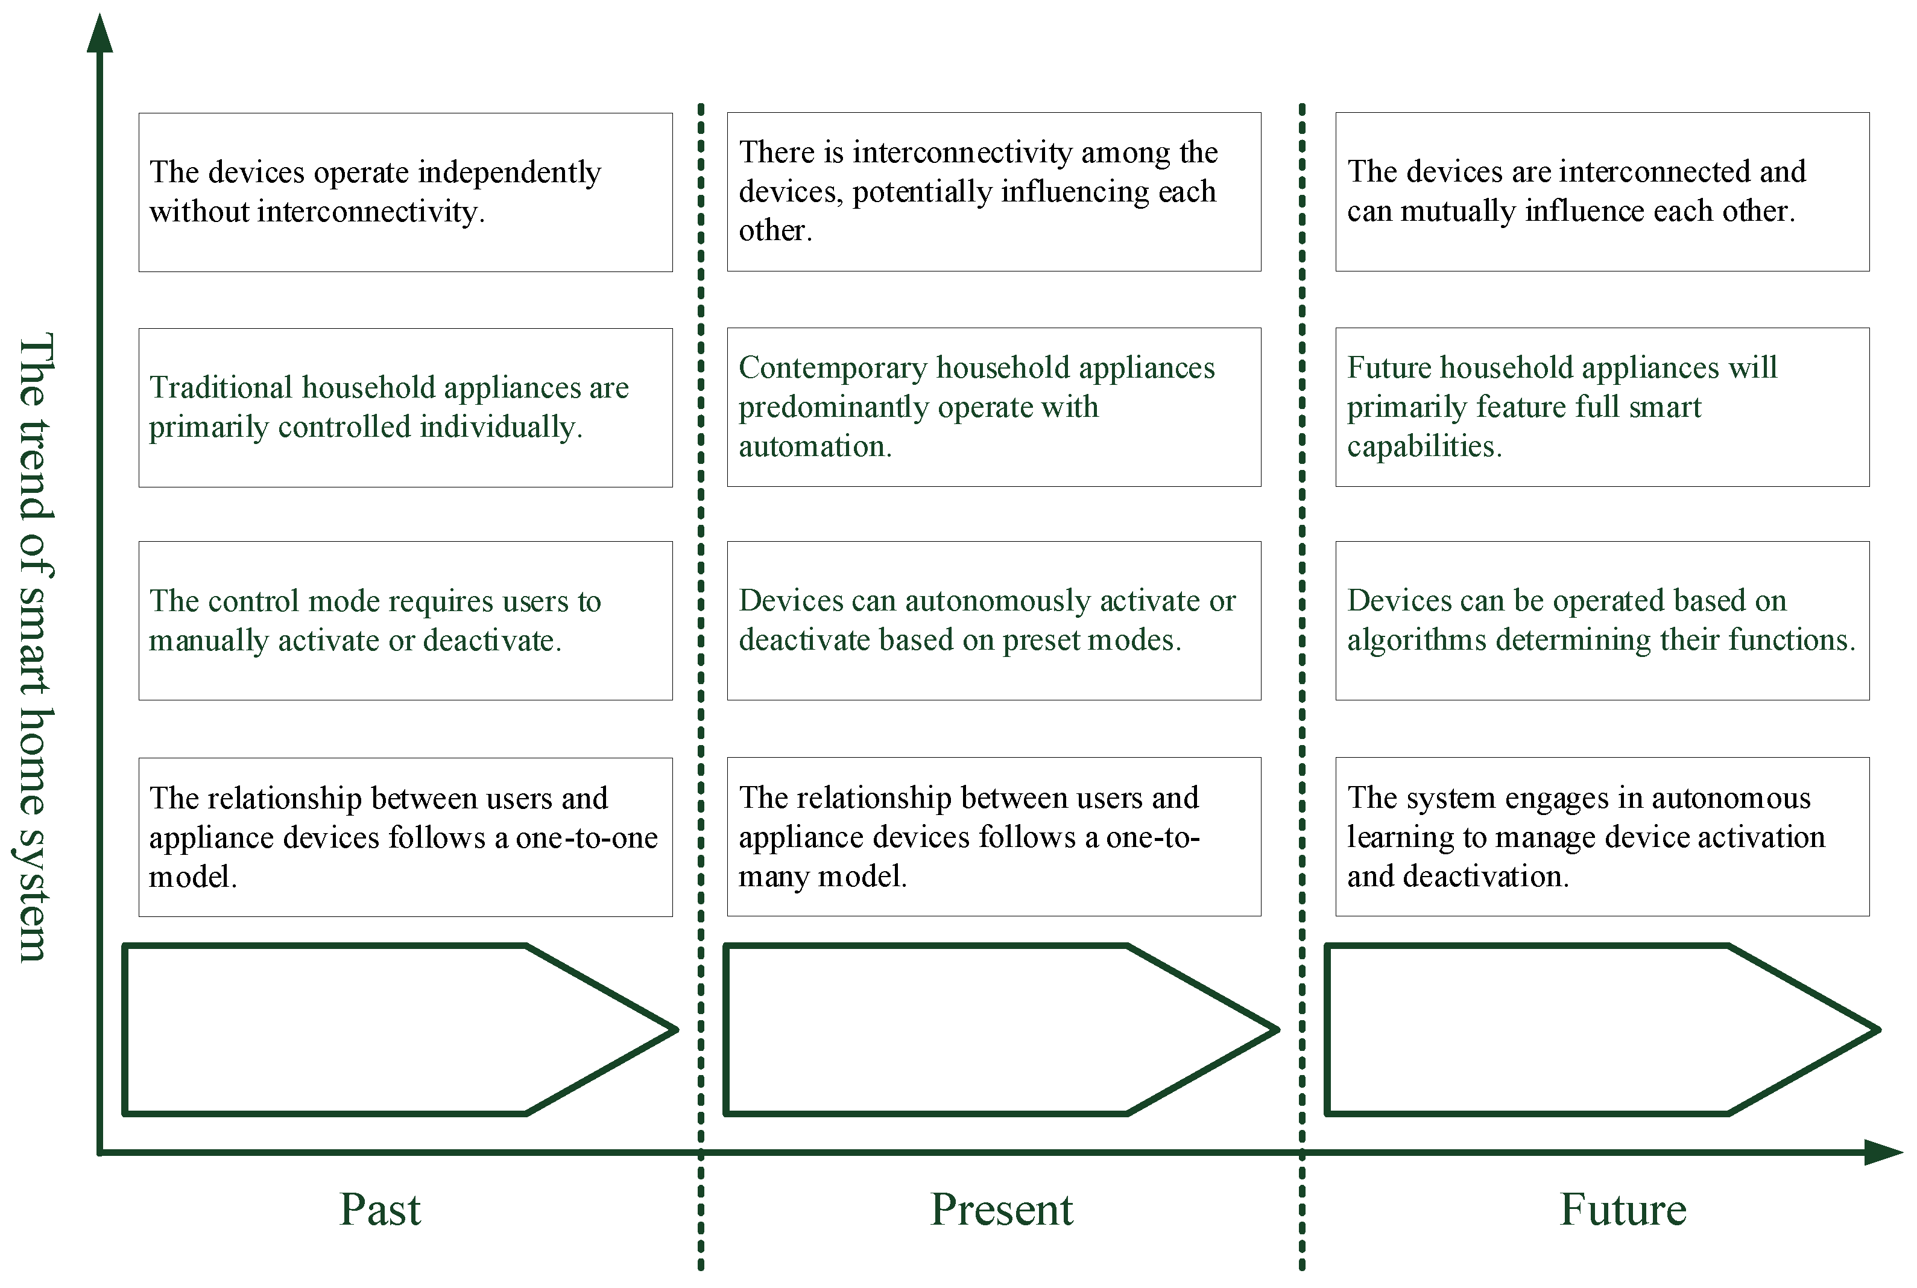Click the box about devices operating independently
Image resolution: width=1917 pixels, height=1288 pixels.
[x=406, y=192]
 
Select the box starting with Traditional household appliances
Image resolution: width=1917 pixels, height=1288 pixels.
[x=406, y=407]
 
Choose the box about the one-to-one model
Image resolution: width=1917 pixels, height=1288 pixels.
[x=406, y=836]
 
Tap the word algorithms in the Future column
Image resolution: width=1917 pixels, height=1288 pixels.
[x=1416, y=640]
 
